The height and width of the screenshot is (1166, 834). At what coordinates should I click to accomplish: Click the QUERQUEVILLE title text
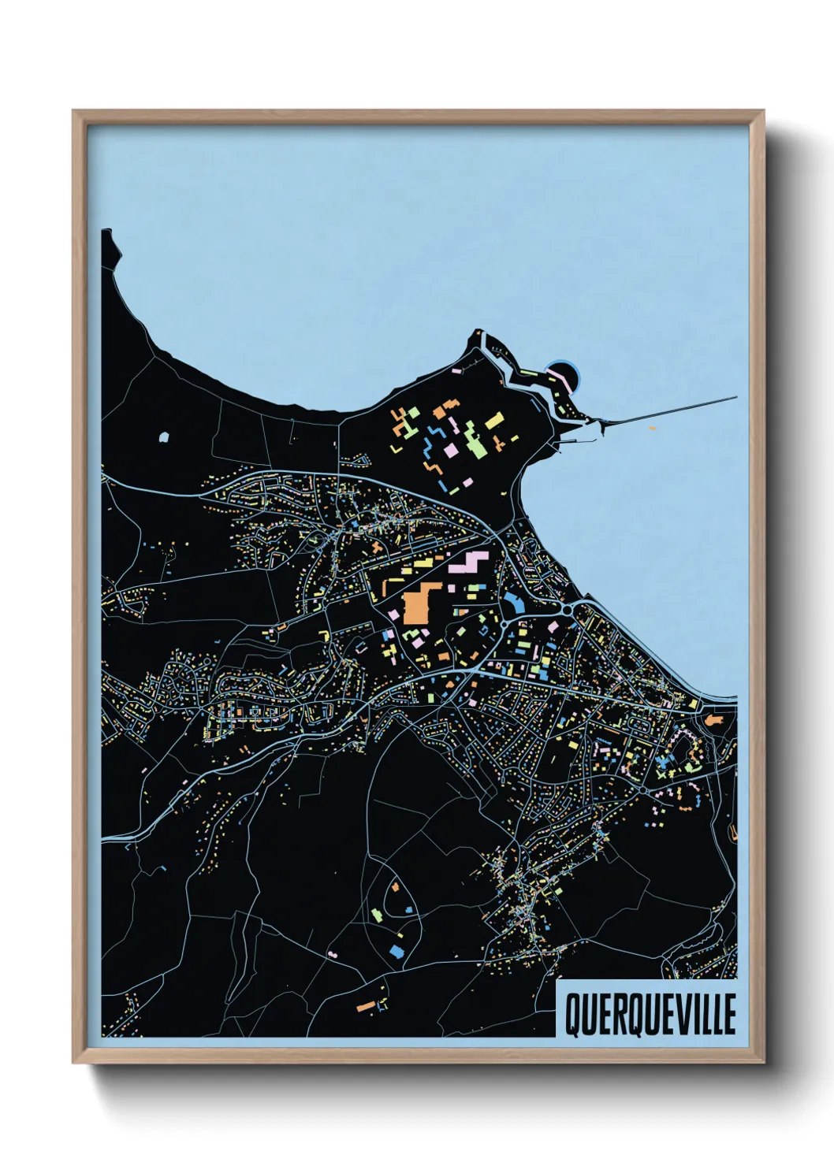[x=650, y=1014]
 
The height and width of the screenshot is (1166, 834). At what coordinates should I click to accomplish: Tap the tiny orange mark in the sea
[x=653, y=428]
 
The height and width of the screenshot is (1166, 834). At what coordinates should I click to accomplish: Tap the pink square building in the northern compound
[x=451, y=450]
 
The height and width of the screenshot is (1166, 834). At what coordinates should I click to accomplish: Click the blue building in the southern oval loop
[x=396, y=951]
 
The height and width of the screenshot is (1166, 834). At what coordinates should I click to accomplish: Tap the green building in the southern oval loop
[x=377, y=914]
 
